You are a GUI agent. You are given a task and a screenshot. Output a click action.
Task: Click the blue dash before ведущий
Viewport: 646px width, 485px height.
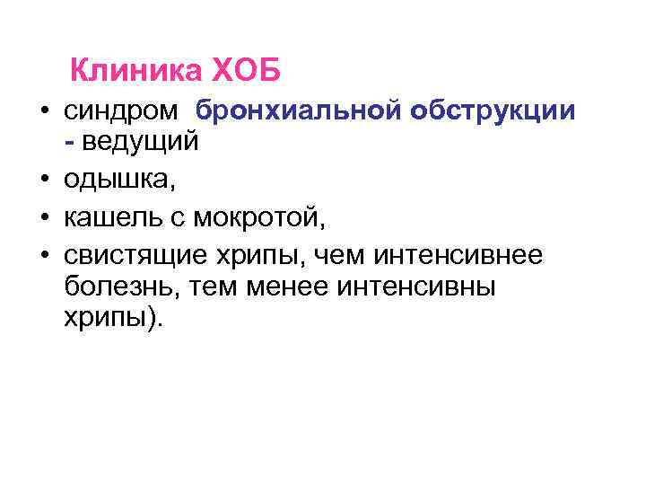pos(70,141)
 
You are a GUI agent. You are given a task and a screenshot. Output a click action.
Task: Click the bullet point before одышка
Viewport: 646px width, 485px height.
pos(44,181)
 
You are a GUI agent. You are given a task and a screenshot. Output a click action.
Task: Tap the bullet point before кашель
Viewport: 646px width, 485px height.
pos(44,218)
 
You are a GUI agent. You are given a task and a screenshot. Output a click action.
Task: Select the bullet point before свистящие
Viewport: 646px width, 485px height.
pos(44,257)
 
